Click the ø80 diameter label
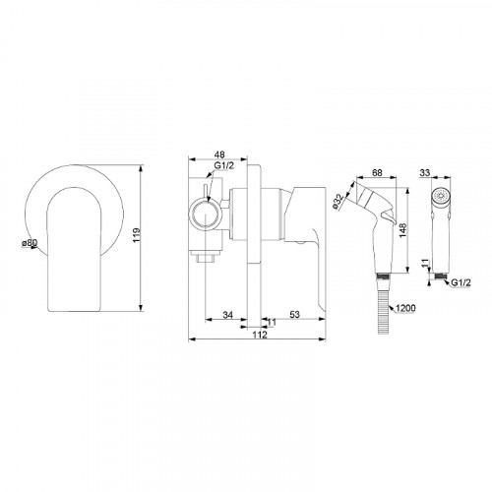(x=30, y=243)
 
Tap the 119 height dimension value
(x=137, y=235)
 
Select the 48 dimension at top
(x=219, y=154)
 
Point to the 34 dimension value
(x=227, y=315)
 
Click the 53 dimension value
(x=294, y=314)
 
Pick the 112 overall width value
(x=260, y=335)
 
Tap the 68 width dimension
(x=377, y=172)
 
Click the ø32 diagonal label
(x=338, y=201)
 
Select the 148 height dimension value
(x=402, y=230)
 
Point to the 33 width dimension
(x=425, y=172)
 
